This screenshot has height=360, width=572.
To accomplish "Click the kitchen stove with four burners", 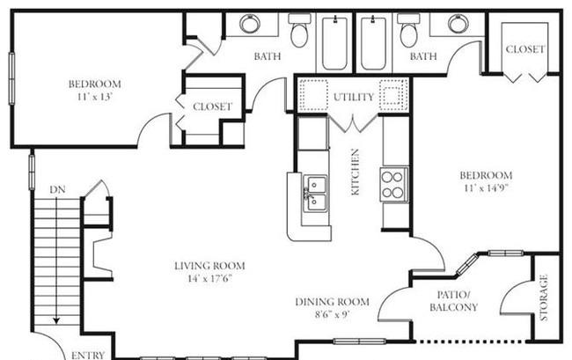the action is click(394, 185).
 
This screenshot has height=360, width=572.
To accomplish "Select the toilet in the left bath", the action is click(299, 30).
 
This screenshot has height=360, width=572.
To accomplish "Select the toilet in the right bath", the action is click(408, 30).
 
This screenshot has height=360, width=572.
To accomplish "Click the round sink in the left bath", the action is click(250, 24).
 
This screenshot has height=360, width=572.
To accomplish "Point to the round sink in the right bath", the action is click(458, 24).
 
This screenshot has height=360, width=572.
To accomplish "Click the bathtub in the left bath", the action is click(334, 42).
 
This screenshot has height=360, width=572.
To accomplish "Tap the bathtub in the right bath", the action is click(373, 42).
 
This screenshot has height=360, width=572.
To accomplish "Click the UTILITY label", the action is click(354, 97).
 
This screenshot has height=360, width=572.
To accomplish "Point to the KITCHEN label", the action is click(355, 172).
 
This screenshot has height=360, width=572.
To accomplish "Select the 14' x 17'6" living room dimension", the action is click(209, 279).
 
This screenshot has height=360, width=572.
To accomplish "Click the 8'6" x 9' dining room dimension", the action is click(333, 314).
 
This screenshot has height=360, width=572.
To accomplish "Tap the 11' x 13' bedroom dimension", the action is click(95, 97).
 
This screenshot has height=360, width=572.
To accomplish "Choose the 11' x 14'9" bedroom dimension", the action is click(487, 188).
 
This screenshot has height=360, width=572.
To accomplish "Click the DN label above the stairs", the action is click(57, 189).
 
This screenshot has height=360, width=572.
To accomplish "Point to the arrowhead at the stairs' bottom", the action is click(56, 320).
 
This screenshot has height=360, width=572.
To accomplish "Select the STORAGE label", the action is click(544, 298).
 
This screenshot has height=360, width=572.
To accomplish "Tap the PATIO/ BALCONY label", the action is click(453, 301).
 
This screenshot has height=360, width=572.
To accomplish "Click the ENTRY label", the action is click(88, 355).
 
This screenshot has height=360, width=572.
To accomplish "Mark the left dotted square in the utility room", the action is click(313, 95).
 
